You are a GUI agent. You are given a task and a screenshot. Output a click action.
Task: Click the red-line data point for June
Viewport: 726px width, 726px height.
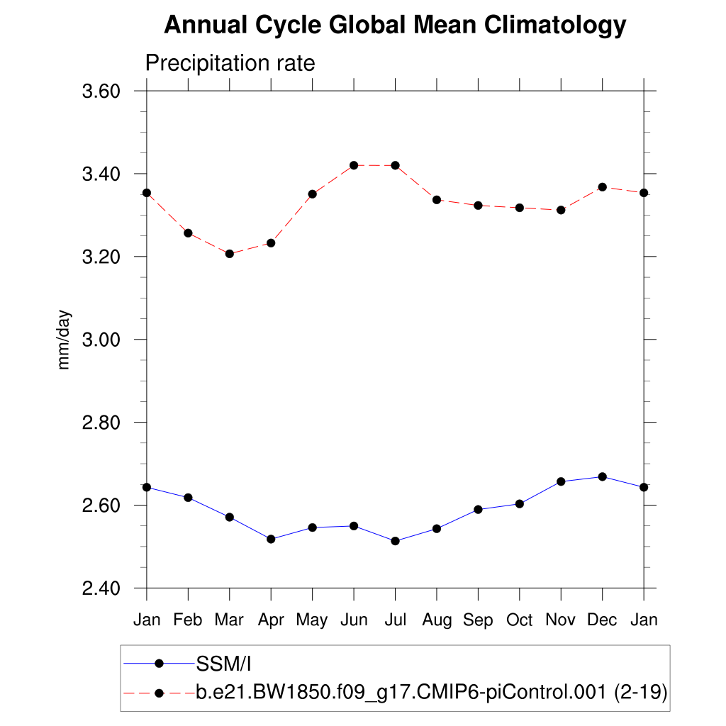pyautogui.click(x=354, y=165)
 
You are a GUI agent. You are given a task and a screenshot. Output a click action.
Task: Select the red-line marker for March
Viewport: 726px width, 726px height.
pyautogui.click(x=229, y=253)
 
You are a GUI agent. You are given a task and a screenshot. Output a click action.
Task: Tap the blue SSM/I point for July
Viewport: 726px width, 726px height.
pyautogui.click(x=395, y=541)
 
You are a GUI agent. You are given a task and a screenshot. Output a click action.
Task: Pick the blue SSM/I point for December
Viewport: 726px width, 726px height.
pyautogui.click(x=603, y=476)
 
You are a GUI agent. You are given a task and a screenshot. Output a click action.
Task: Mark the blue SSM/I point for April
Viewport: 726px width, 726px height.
pyautogui.click(x=271, y=539)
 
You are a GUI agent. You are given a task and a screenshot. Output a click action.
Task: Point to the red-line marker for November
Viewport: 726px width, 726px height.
pyautogui.click(x=561, y=210)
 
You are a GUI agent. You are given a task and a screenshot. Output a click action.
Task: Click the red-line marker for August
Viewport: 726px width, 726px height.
pyautogui.click(x=437, y=199)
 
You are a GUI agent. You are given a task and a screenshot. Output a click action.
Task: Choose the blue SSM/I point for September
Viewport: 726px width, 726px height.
pyautogui.click(x=478, y=509)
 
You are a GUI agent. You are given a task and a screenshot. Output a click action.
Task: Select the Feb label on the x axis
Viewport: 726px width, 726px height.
pyautogui.click(x=188, y=620)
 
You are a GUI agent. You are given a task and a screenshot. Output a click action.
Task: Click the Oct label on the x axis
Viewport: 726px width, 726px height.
pyautogui.click(x=520, y=620)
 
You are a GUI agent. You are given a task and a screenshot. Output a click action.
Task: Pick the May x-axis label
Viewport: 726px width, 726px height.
pyautogui.click(x=312, y=620)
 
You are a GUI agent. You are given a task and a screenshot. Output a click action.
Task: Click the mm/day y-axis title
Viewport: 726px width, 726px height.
pyautogui.click(x=65, y=340)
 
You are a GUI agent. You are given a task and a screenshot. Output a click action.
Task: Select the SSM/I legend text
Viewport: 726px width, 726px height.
pyautogui.click(x=224, y=664)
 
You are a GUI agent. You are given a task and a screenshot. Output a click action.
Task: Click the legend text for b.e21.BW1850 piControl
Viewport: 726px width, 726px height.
pyautogui.click(x=431, y=692)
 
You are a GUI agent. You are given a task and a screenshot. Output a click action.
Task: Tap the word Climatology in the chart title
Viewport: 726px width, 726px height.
pyautogui.click(x=555, y=26)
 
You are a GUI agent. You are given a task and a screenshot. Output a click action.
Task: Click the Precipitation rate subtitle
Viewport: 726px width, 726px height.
pyautogui.click(x=230, y=63)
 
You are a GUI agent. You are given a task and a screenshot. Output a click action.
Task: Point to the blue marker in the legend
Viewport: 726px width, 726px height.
pyautogui.click(x=160, y=664)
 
